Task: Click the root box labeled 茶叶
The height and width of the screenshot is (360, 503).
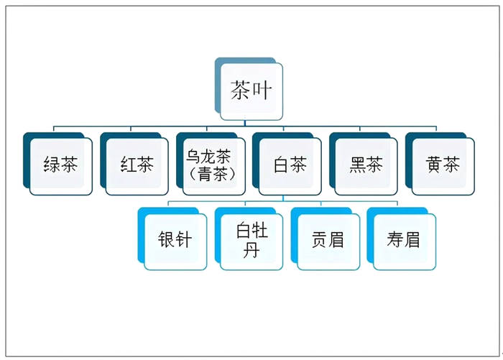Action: (x=251, y=91)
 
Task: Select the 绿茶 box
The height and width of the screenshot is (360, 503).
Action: (x=60, y=166)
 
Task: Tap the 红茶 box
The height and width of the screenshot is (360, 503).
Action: (x=137, y=166)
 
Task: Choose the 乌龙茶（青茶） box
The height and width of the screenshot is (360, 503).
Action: (x=213, y=166)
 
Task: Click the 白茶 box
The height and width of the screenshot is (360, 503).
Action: (x=290, y=166)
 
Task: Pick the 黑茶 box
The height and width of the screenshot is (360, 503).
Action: (x=366, y=166)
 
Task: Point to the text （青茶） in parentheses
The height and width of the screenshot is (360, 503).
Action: (x=213, y=174)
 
